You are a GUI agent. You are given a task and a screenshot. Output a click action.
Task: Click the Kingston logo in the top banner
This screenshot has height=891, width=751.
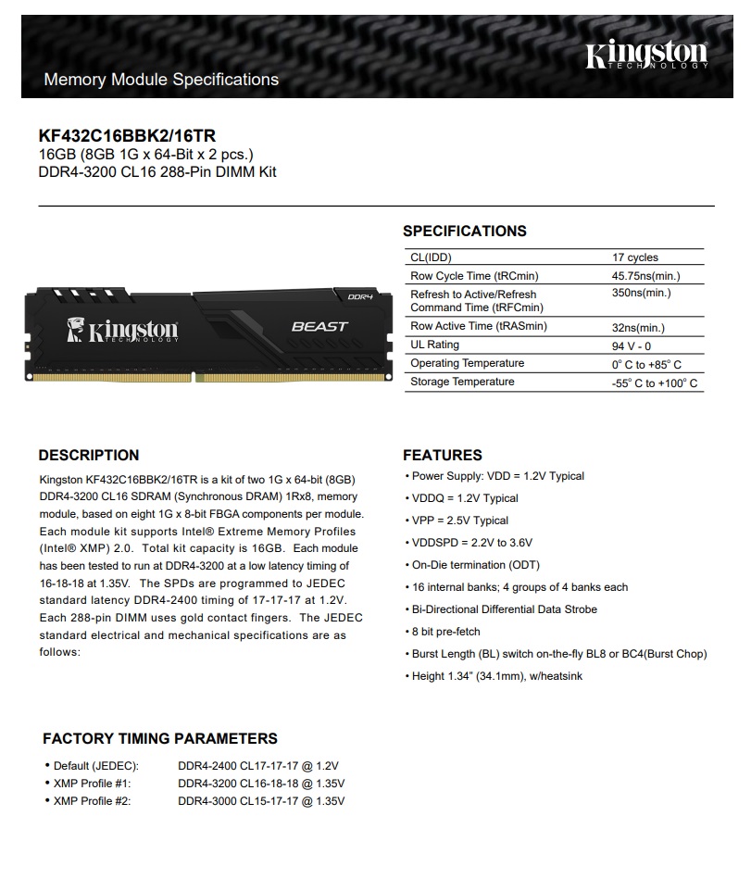[x=646, y=58]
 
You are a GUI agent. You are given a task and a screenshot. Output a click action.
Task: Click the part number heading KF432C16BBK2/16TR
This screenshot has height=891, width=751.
[x=128, y=135]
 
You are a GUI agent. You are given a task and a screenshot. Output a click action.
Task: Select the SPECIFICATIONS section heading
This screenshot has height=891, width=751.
[x=464, y=231]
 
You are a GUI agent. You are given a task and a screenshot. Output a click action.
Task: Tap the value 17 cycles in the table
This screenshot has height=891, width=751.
[x=634, y=257]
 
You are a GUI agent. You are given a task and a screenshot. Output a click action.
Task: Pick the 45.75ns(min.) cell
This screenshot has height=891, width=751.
[x=645, y=276]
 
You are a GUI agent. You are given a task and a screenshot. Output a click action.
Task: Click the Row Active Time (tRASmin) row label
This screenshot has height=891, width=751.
[x=478, y=326]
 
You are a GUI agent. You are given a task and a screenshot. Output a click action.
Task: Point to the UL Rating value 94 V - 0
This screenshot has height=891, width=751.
[x=631, y=345]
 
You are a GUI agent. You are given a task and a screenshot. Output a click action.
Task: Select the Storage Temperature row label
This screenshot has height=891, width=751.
[x=462, y=382]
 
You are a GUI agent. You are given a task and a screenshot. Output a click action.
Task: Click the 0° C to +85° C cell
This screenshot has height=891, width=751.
[x=646, y=364]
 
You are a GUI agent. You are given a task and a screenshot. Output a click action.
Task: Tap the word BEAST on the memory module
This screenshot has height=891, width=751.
[x=319, y=326]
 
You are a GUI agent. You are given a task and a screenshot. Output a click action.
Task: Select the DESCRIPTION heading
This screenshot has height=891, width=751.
[x=89, y=455]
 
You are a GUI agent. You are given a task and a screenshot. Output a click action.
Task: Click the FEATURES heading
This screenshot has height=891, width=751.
[x=443, y=455]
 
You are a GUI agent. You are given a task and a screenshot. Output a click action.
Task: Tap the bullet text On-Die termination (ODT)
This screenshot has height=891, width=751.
[x=475, y=565]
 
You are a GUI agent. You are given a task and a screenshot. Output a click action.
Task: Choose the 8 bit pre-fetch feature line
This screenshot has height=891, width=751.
[x=446, y=632]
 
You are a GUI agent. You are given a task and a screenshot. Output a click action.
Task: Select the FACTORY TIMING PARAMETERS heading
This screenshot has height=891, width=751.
[x=160, y=738]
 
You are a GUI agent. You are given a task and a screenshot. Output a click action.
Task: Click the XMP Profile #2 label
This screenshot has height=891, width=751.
[x=92, y=801]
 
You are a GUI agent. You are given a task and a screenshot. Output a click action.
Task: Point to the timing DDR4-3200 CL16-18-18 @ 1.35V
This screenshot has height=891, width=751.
[x=261, y=784]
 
